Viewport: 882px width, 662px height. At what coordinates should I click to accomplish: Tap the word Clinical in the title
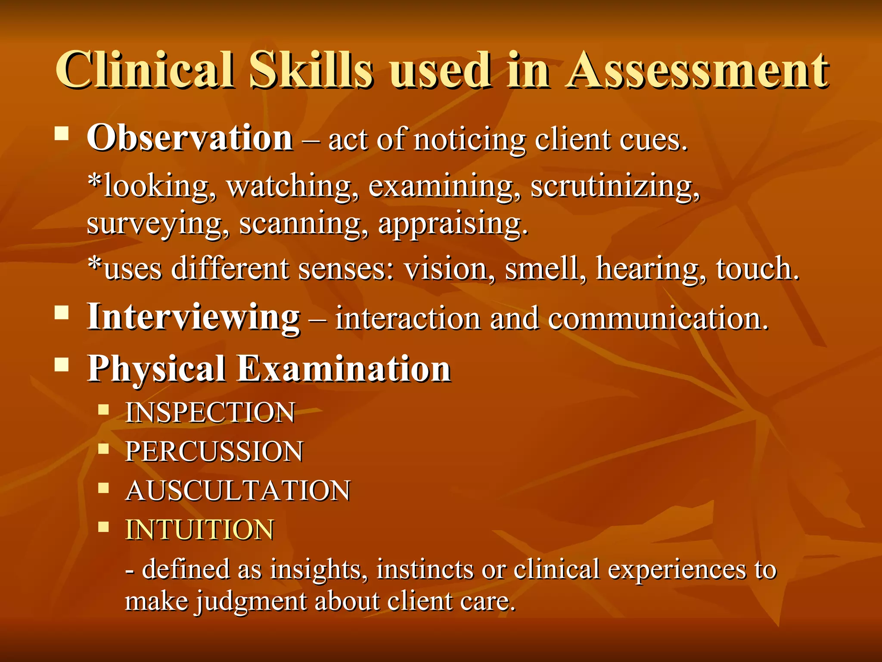coord(145,70)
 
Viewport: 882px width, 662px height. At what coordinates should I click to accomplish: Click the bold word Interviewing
coord(193,317)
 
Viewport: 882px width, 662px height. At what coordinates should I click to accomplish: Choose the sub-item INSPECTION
coord(210,412)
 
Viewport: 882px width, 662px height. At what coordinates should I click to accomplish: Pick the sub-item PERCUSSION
coord(214,452)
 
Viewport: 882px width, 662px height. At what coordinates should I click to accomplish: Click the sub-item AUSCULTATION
coord(238,491)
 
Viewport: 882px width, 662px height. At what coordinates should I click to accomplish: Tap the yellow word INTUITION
coord(199,530)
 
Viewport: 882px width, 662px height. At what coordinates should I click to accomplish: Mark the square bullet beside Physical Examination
coord(62,365)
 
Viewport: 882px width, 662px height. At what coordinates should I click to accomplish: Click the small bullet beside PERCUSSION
coord(103,449)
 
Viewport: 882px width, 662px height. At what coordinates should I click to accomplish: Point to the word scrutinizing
coord(615,187)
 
